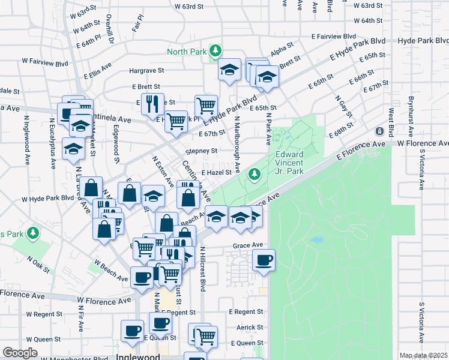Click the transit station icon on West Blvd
pos(379,131)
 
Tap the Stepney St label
pos(201,151)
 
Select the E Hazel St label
pos(216,172)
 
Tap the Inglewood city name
pos(140,356)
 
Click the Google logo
pos(20,353)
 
